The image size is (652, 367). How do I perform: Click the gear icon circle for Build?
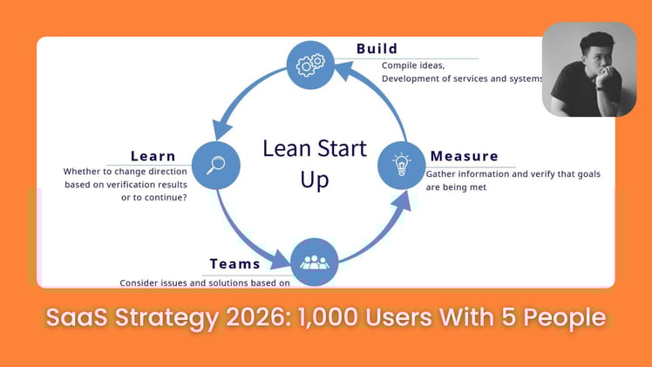[311, 64]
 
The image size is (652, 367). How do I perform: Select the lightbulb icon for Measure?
[401, 164]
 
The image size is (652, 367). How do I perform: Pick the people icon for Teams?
[314, 261]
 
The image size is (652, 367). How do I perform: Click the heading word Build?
[377, 49]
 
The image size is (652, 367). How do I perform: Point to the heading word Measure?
[464, 157]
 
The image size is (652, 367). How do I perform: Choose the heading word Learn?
[153, 157]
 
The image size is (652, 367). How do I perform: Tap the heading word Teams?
[234, 263]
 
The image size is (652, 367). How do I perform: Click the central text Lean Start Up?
[314, 163]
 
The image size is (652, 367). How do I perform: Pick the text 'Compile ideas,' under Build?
[412, 65]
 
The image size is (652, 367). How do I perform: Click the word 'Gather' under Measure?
[442, 174]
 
